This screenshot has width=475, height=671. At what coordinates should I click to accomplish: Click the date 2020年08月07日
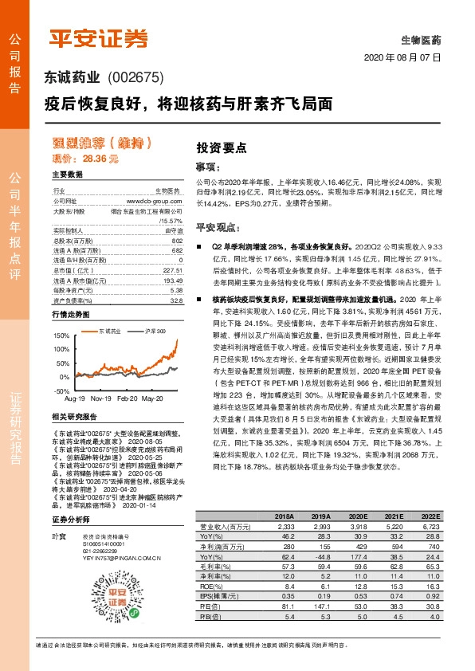tap(402, 59)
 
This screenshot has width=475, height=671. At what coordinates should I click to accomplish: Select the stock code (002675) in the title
tap(134, 78)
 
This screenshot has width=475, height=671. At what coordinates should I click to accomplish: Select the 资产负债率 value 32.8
tap(177, 300)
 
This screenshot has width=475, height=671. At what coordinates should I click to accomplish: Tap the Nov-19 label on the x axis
tap(100, 397)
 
